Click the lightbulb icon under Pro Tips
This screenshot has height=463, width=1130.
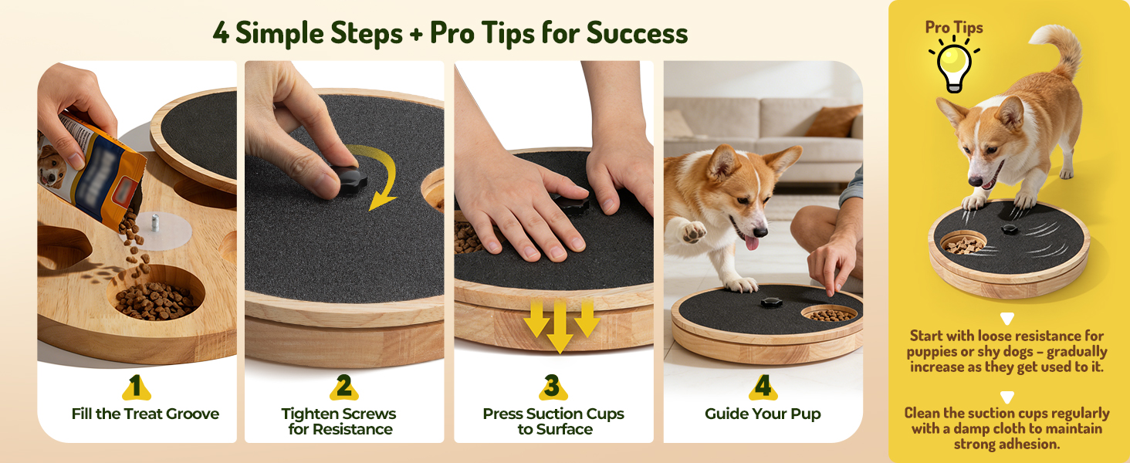pos(954,66)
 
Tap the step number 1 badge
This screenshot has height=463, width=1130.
pos(136,387)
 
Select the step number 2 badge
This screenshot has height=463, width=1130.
pos(344,387)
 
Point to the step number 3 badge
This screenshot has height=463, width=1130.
pos(553,387)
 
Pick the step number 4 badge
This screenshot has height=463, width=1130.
pos(763,387)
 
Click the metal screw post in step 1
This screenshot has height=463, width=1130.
pos(155,223)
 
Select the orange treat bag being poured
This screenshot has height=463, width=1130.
pos(91,167)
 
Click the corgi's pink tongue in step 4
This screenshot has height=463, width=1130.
pos(752,243)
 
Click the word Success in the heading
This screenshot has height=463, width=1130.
pos(637,33)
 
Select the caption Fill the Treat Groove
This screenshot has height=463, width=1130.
pos(145,414)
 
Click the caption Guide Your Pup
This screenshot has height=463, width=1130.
pos(763,414)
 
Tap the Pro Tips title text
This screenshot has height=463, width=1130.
pos(954,27)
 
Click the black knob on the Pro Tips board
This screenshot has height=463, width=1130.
pos(1009,229)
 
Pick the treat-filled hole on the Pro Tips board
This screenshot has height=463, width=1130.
pos(963,243)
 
